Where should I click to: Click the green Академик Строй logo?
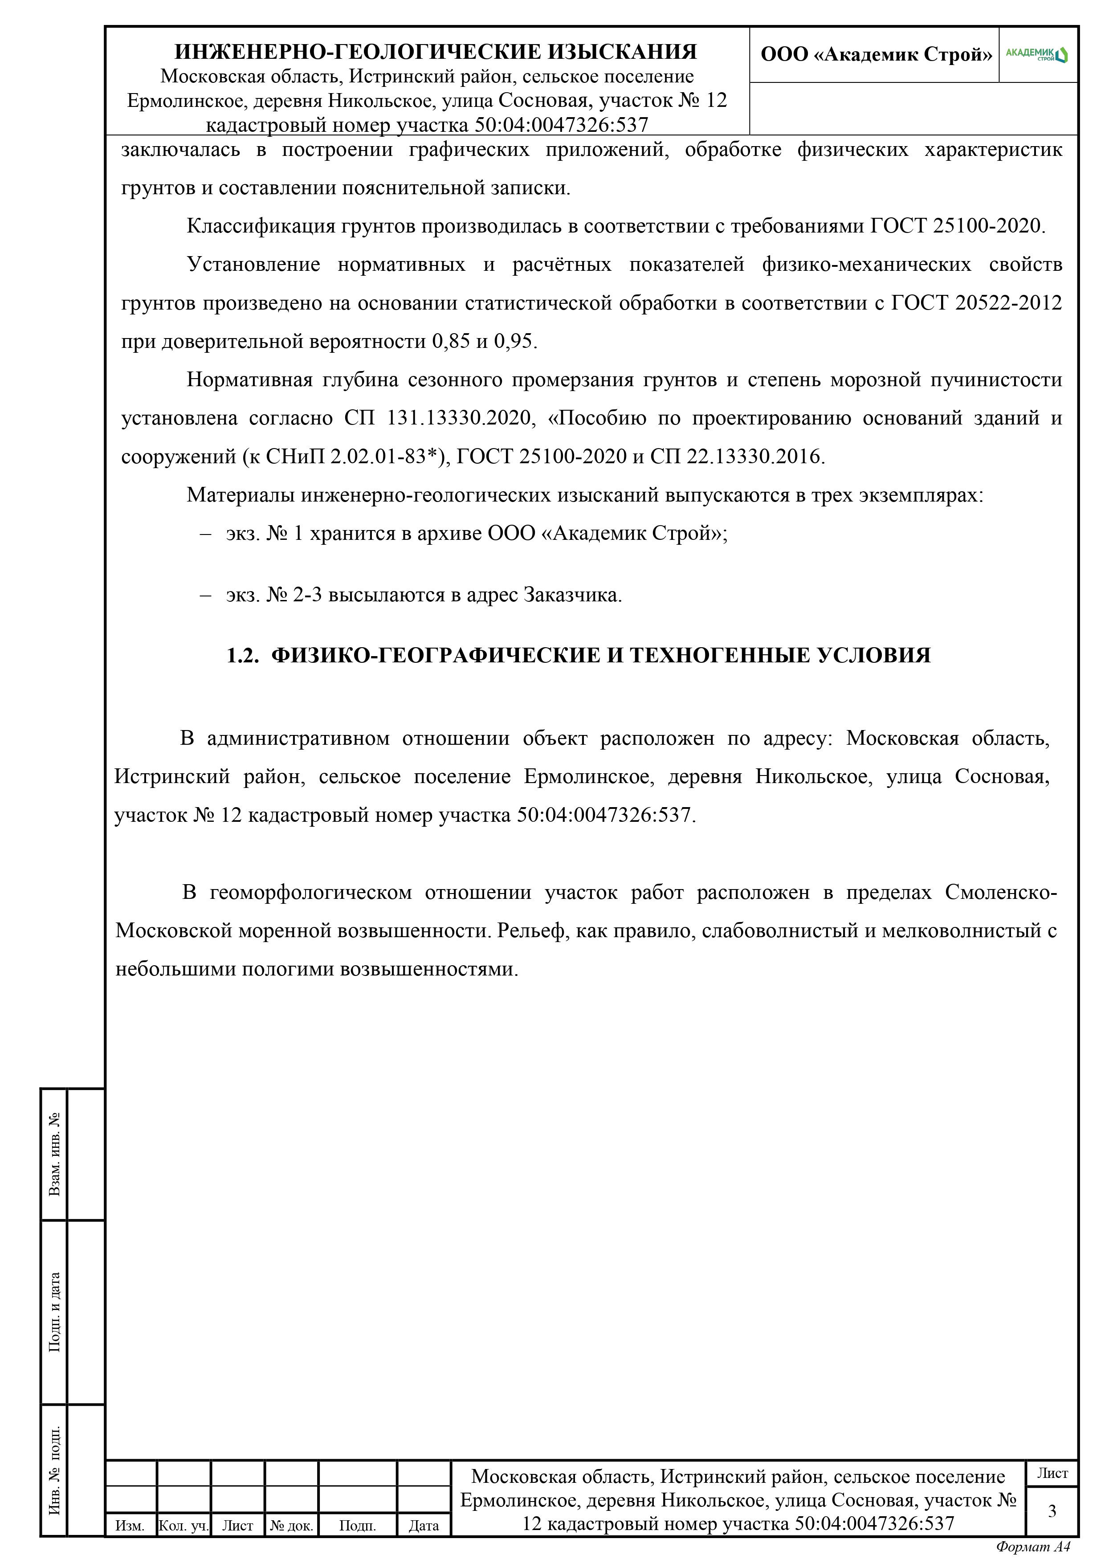[x=1037, y=54]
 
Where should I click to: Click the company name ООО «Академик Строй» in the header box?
[x=876, y=54]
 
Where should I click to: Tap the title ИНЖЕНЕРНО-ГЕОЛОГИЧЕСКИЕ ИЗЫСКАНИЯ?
[x=436, y=52]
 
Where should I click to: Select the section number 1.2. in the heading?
[x=242, y=655]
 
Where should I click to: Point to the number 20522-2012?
[x=1007, y=302]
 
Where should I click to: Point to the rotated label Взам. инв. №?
[x=54, y=1153]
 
